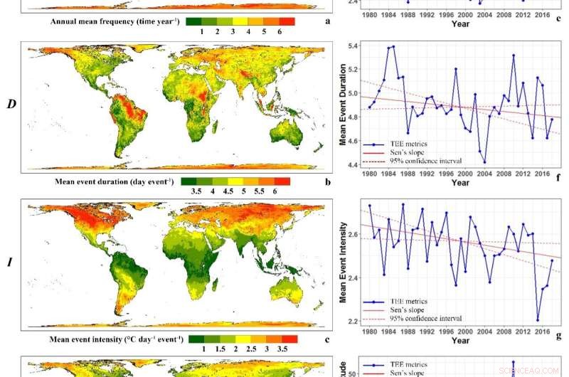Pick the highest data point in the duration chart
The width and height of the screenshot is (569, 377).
tap(393, 47)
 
